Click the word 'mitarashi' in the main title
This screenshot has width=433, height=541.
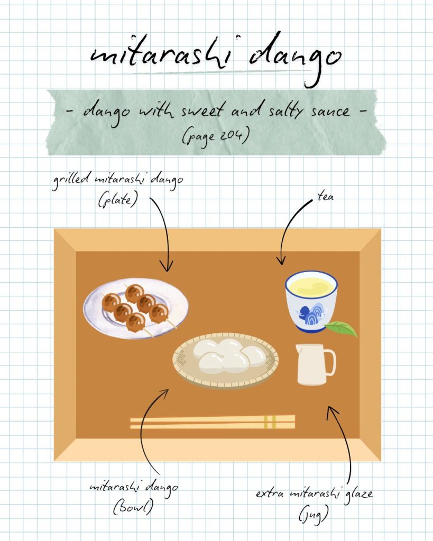coord(161,54)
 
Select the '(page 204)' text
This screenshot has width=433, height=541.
coord(216,136)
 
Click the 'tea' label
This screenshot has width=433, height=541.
coord(325,197)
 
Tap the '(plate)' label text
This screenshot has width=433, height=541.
coord(118,200)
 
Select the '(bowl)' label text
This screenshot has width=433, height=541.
coord(133,507)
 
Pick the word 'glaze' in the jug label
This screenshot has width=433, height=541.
coord(358,493)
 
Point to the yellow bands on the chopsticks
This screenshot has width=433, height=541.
coord(270,422)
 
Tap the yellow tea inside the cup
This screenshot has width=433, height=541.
coord(311,286)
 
